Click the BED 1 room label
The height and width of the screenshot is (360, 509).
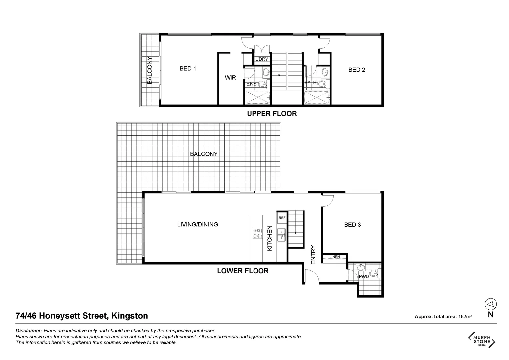point(188,69)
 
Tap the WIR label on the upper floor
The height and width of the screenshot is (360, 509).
point(230,78)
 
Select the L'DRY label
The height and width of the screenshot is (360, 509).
point(261,59)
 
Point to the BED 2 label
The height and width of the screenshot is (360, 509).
point(357,70)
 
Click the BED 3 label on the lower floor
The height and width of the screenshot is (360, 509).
point(352,225)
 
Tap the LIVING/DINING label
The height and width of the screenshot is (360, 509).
point(197,224)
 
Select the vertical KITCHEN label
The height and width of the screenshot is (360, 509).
point(270,238)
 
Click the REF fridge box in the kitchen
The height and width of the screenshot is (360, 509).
point(282,218)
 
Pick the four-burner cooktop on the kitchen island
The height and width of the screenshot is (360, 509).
point(257,233)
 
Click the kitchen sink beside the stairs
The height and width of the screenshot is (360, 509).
point(282,234)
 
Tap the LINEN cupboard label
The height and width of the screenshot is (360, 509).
point(335,257)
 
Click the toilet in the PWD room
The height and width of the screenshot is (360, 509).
point(374,274)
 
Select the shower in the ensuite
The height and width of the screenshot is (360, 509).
point(257,97)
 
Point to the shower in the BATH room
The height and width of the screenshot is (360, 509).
point(316,97)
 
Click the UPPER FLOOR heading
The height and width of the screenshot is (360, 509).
point(271,114)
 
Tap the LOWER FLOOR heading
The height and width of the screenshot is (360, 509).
point(243,271)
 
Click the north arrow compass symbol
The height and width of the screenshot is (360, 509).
point(490,304)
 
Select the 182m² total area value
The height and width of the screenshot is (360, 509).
point(464,317)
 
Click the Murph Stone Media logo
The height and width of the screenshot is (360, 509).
point(482,340)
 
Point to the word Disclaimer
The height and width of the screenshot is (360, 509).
point(29,331)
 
